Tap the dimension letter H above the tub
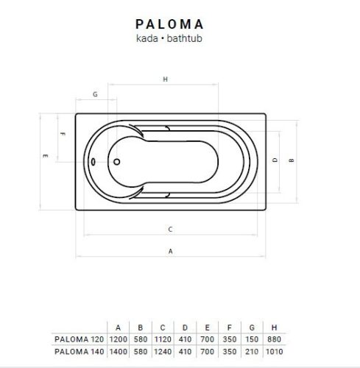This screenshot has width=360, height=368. pos(166,79)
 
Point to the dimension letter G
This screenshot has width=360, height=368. pos(96,95)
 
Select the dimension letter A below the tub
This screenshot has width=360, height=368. pos(171,250)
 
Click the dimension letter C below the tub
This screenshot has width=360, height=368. pos(170,228)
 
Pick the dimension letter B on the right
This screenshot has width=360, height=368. pos(292,160)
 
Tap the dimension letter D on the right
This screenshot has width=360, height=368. pos(274,160)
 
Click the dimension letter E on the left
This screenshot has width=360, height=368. pos(46,156)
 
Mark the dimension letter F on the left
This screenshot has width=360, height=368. pos(63,134)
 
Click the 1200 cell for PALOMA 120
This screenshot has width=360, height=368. pos(118,339)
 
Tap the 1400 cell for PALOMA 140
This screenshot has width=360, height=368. pos(118,352)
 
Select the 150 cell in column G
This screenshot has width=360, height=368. pos(253,339)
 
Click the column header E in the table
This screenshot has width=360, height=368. pos(208,327)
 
